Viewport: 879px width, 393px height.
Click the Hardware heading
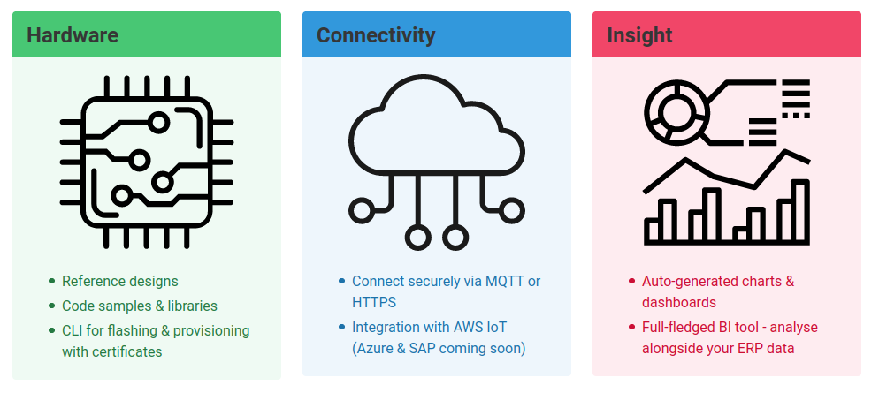(73, 35)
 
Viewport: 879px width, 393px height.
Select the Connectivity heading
(376, 35)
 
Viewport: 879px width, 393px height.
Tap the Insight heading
(639, 35)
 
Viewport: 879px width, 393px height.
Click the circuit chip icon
(147, 162)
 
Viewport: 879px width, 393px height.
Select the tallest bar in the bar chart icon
(799, 211)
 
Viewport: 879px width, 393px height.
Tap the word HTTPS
(374, 302)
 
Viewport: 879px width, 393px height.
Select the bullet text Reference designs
(119, 282)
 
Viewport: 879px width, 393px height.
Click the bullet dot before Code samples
(52, 306)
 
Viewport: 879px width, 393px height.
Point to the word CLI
(73, 331)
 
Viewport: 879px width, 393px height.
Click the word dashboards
(678, 302)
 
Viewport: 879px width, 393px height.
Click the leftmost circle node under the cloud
(361, 209)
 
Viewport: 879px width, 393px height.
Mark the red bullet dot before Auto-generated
(632, 282)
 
